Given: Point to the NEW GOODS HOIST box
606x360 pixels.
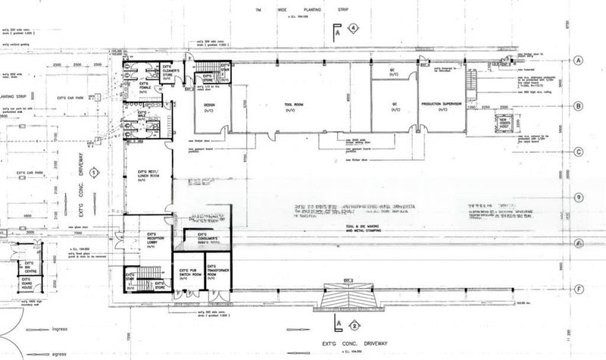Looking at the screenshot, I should coord(504,124).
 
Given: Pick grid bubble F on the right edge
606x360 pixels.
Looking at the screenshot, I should coord(577,288).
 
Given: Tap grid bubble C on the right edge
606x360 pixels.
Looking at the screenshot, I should coord(577,152).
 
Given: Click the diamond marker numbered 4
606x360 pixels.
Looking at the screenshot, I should coord(353,29).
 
